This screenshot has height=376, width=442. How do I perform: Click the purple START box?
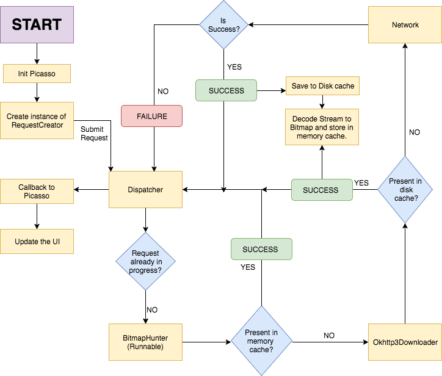click(37, 25)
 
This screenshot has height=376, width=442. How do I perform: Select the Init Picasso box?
click(37, 74)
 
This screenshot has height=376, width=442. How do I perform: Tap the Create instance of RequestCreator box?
click(37, 120)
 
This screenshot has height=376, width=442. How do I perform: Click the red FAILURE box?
click(151, 116)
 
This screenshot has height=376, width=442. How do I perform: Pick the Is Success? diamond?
click(225, 25)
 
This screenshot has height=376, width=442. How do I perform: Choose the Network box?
click(405, 25)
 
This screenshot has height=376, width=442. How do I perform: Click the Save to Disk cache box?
click(322, 86)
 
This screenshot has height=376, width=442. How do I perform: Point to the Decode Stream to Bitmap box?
click(322, 127)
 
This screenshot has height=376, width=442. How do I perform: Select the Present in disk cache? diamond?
click(405, 189)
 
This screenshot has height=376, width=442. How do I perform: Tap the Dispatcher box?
click(145, 189)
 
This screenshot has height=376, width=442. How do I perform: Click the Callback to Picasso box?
click(37, 191)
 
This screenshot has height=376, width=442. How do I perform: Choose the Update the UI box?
click(37, 242)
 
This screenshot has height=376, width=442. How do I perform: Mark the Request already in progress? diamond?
click(145, 261)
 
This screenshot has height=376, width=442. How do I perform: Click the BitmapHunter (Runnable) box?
click(145, 342)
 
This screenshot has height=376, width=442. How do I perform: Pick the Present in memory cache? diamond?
click(261, 341)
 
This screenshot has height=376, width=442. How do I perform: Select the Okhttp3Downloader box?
click(405, 342)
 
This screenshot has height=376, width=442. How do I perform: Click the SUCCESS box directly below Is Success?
click(226, 91)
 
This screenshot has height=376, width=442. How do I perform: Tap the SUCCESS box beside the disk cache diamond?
click(322, 190)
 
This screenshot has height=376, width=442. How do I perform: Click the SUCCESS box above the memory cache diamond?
click(261, 249)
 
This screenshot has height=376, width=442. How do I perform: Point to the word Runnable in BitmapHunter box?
click(145, 347)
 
